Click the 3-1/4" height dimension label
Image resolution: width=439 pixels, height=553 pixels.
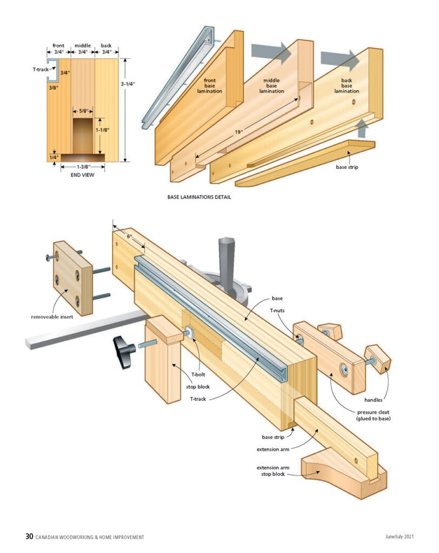(128, 84)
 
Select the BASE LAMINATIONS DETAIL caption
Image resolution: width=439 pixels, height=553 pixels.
(199, 197)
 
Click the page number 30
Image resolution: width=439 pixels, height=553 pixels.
(29, 536)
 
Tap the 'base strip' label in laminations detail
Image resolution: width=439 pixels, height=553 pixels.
(348, 167)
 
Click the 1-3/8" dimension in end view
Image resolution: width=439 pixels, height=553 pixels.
(83, 167)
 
